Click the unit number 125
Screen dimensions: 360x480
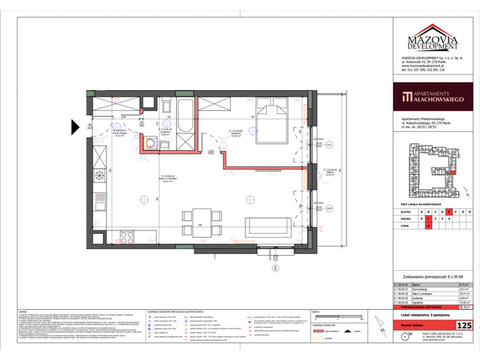pyautogui.click(x=463, y=325)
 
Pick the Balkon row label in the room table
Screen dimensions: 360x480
pyautogui.click(x=411, y=286)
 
